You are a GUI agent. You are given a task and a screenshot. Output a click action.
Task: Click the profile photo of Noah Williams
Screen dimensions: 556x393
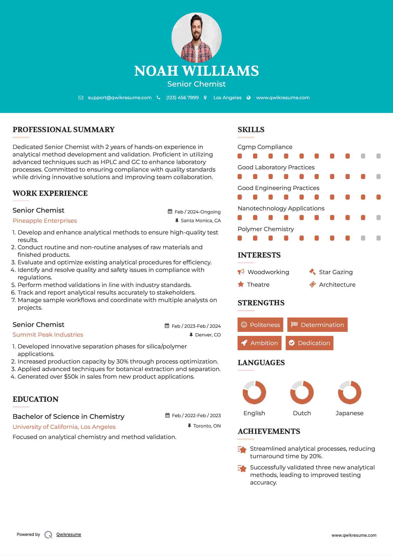click(196, 37)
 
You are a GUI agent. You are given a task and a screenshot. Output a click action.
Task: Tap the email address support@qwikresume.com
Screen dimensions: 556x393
click(120, 98)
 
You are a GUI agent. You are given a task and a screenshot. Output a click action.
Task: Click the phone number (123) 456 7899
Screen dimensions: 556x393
click(182, 98)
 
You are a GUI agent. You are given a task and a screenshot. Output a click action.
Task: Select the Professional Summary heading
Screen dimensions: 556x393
click(64, 130)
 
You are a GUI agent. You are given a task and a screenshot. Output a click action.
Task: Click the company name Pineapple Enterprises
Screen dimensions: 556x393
click(45, 221)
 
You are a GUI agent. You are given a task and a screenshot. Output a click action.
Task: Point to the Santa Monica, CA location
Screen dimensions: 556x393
click(201, 220)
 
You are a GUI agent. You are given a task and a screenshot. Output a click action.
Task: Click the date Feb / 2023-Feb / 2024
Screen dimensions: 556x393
click(196, 326)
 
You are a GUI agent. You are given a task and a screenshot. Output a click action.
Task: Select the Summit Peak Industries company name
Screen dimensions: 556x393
click(48, 335)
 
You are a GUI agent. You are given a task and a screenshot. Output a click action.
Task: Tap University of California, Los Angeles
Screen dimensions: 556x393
click(64, 427)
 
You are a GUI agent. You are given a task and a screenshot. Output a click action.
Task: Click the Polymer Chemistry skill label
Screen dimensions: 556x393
click(266, 229)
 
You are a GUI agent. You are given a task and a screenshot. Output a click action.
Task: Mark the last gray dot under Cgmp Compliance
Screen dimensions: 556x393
click(378, 156)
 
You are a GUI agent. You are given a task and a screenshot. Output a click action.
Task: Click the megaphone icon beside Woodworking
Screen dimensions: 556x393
click(241, 272)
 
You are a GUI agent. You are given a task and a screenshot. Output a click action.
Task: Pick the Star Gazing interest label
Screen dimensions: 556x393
click(336, 272)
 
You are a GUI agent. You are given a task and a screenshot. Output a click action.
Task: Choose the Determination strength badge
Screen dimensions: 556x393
click(317, 325)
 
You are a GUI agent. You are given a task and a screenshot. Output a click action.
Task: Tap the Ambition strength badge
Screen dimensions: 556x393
click(259, 343)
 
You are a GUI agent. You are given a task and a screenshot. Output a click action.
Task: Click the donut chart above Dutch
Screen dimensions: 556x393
click(302, 392)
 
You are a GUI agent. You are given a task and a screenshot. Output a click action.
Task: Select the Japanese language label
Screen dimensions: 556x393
click(349, 413)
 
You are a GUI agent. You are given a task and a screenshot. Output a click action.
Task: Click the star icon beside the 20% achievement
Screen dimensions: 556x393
click(242, 450)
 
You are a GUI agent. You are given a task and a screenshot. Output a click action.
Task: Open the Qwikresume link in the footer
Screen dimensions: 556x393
click(69, 534)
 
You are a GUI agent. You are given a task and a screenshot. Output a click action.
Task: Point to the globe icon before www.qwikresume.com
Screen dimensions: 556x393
click(249, 98)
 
